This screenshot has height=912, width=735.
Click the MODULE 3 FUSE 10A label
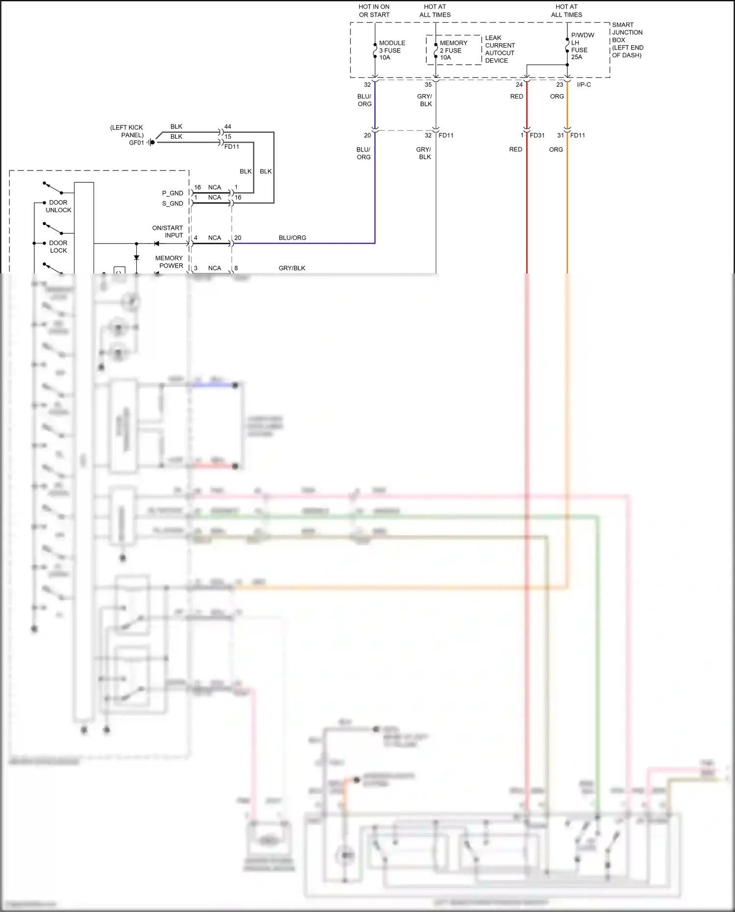392,50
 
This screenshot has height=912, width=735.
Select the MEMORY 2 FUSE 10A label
453,50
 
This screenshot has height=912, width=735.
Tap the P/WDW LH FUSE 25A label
582,46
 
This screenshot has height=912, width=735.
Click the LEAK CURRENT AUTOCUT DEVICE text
499,49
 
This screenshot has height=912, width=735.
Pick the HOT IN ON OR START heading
374,11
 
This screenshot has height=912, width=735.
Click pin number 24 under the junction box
519,85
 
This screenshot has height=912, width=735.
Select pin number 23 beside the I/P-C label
559,85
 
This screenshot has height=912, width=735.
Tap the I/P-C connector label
584,85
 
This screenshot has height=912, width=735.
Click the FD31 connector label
537,135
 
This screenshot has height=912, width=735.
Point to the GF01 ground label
136,143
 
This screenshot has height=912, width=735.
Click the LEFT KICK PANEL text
127,131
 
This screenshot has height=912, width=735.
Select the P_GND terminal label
172,193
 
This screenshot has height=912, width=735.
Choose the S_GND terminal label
172,203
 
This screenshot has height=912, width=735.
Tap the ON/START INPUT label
168,231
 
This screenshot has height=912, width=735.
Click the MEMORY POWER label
169,262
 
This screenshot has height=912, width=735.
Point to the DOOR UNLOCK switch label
58,206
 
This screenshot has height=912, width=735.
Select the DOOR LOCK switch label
58,246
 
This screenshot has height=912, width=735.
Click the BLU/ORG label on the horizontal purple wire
292,238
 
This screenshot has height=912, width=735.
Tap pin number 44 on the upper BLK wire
227,126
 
